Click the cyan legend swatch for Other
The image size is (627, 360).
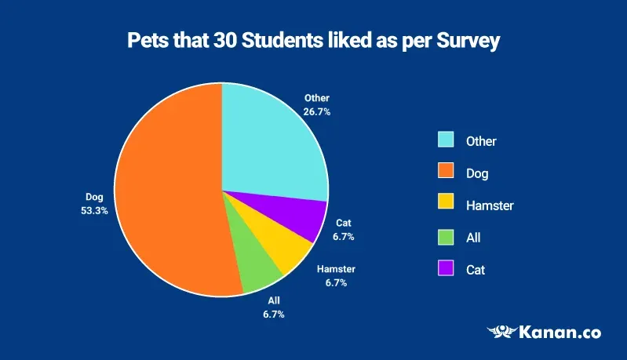[x=446, y=140]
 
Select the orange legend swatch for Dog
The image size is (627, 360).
[x=446, y=173]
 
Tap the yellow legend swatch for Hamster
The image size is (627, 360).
[x=446, y=205]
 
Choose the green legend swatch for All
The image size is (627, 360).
[x=446, y=237]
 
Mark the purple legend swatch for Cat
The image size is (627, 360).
[x=446, y=269]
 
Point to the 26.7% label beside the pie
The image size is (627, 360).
[x=317, y=111]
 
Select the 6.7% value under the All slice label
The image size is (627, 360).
[x=273, y=314]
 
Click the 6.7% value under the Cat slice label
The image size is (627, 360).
[x=343, y=236]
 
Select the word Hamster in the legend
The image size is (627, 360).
[x=490, y=205]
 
